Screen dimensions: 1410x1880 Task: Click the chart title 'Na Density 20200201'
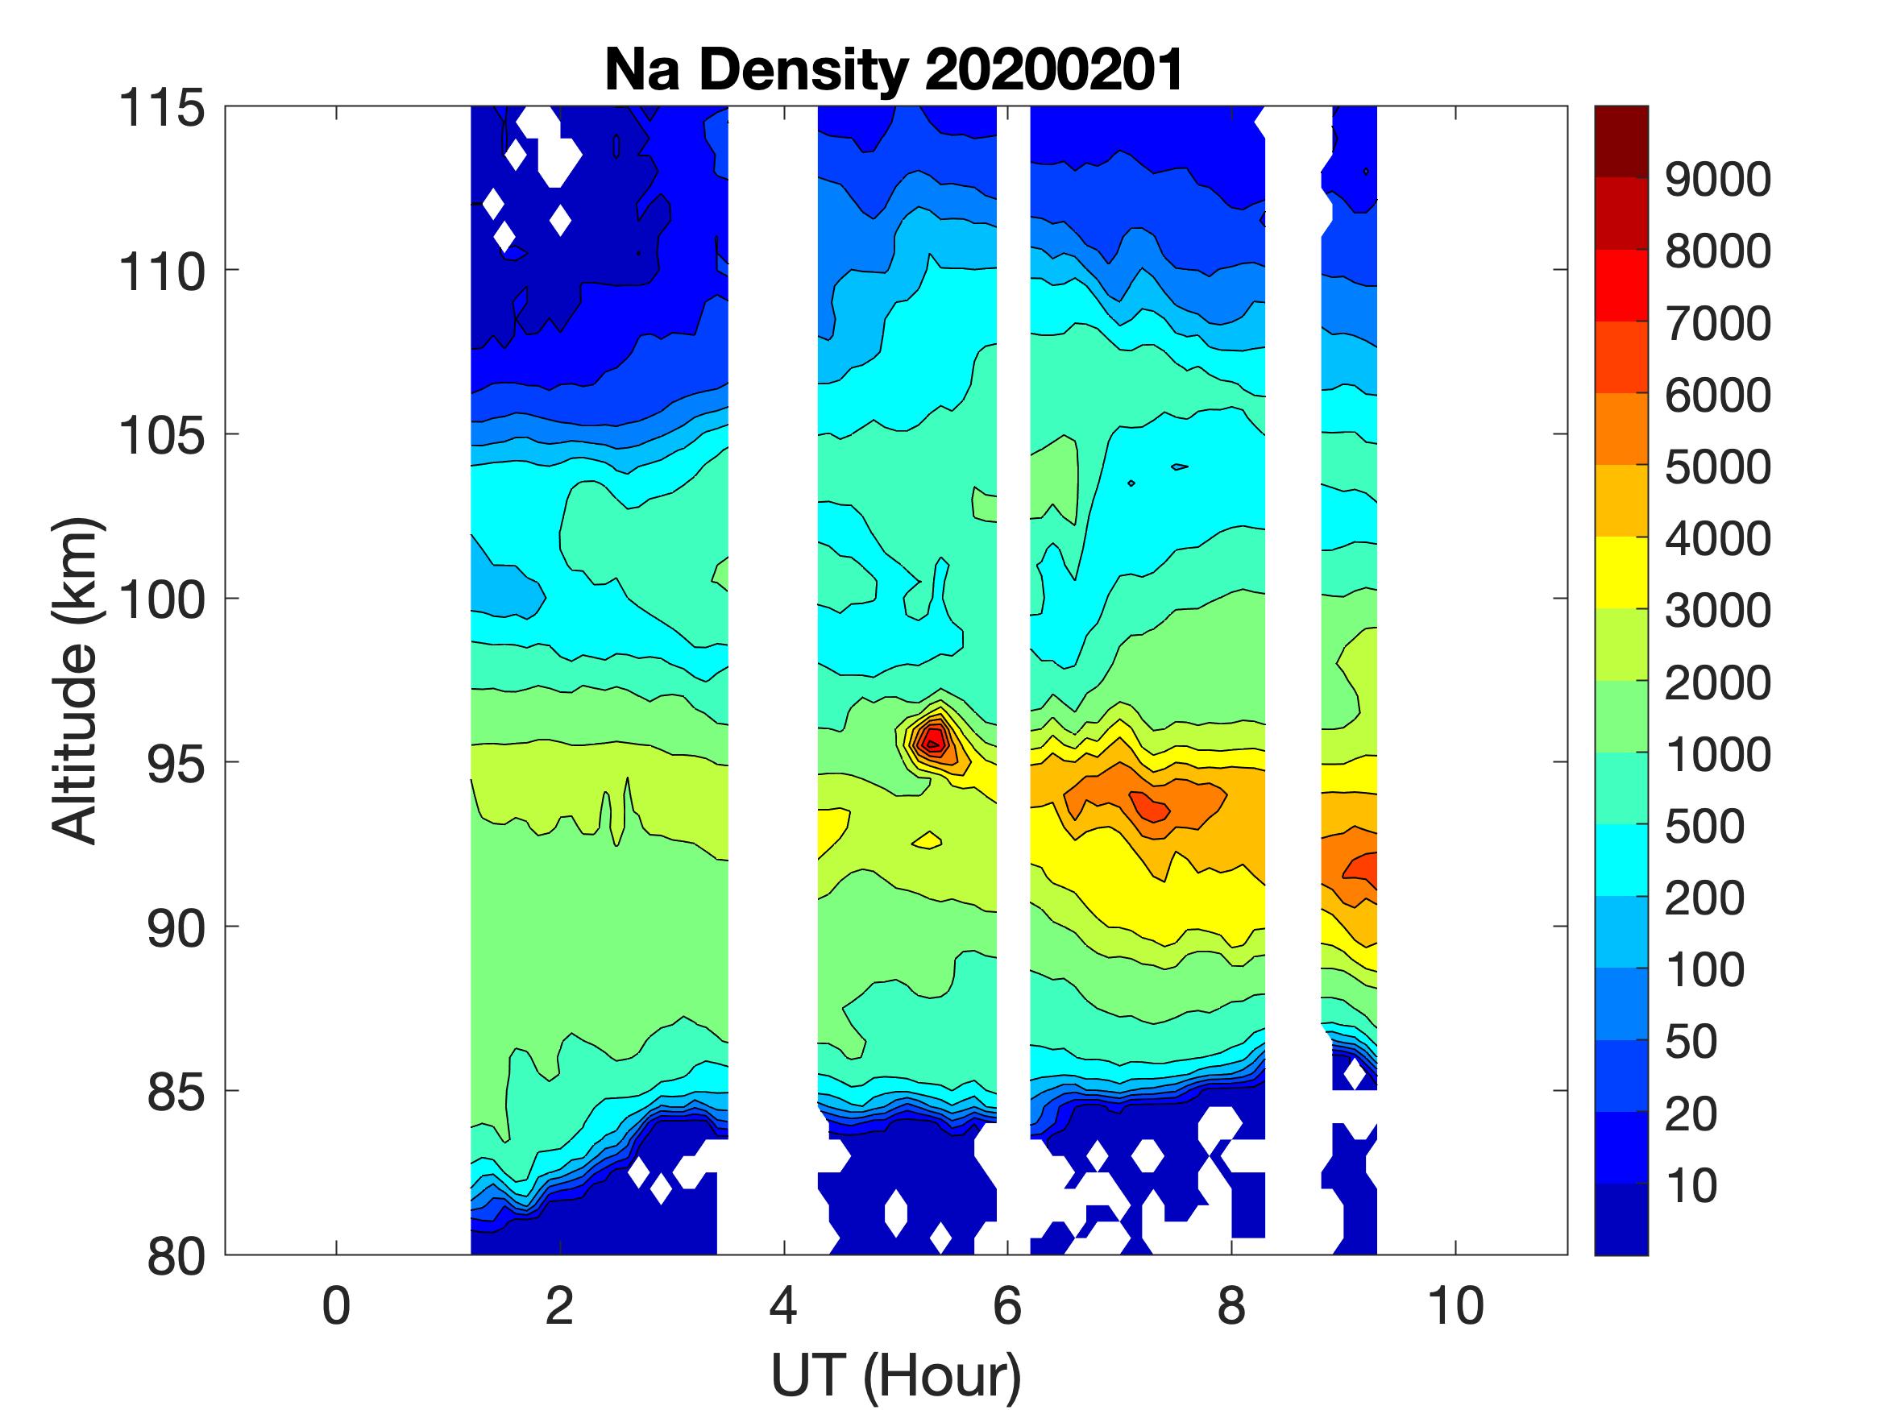pyautogui.click(x=894, y=69)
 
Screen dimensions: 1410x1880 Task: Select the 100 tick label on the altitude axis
pyautogui.click(x=161, y=600)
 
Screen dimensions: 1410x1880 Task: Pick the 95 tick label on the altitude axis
pyautogui.click(x=176, y=764)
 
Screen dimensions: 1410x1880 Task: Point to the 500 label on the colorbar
pyautogui.click(x=1704, y=826)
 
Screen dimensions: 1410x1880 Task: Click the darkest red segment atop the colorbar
pyautogui.click(x=1621, y=141)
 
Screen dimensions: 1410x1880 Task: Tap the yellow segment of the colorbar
pyautogui.click(x=1621, y=572)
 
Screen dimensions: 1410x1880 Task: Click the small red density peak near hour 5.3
pyautogui.click(x=933, y=741)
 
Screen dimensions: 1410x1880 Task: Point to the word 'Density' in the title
pyautogui.click(x=804, y=69)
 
